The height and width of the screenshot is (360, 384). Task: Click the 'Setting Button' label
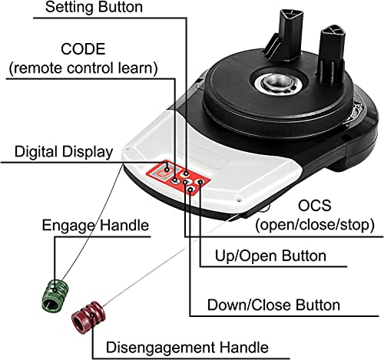click(x=94, y=7)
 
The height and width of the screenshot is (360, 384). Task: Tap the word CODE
click(x=83, y=49)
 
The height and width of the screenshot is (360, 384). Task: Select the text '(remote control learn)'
click(x=83, y=68)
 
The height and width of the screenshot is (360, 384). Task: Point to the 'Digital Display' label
click(x=64, y=152)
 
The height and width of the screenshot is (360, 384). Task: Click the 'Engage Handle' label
click(x=95, y=226)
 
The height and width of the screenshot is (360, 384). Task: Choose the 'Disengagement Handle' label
click(x=187, y=347)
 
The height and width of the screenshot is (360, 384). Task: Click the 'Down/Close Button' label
click(x=273, y=305)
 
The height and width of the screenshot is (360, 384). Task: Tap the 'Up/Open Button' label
click(x=270, y=256)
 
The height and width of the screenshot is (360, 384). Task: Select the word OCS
click(x=315, y=206)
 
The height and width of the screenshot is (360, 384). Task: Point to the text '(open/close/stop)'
click(x=315, y=225)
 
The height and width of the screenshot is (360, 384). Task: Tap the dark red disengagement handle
click(x=88, y=316)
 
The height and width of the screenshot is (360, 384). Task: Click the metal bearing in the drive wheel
click(x=280, y=83)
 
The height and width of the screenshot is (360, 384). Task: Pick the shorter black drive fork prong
click(x=332, y=55)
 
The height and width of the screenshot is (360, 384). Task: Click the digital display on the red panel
click(x=163, y=172)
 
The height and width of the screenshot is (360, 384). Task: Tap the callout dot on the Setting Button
click(x=187, y=173)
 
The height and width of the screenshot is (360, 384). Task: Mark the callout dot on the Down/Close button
click(x=190, y=189)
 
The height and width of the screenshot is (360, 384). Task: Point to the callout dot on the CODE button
click(x=175, y=180)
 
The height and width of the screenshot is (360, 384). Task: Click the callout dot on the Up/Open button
click(x=200, y=182)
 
